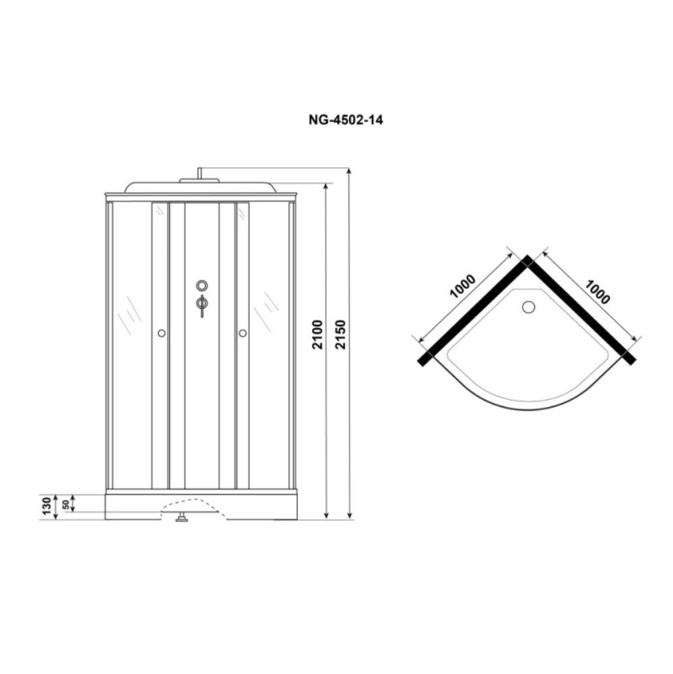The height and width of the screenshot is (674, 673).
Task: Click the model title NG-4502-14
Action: [346, 119]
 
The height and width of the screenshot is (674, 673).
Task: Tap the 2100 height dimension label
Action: [317, 334]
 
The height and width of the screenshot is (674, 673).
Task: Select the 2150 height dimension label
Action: [340, 334]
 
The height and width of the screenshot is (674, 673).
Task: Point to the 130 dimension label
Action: [47, 506]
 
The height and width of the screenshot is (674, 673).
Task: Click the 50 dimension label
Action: [66, 504]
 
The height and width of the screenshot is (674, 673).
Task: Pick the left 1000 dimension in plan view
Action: [462, 286]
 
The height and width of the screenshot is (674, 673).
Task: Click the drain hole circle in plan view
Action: [528, 307]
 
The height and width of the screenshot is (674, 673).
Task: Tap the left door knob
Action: [162, 333]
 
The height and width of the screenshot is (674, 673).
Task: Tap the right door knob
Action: [243, 333]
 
